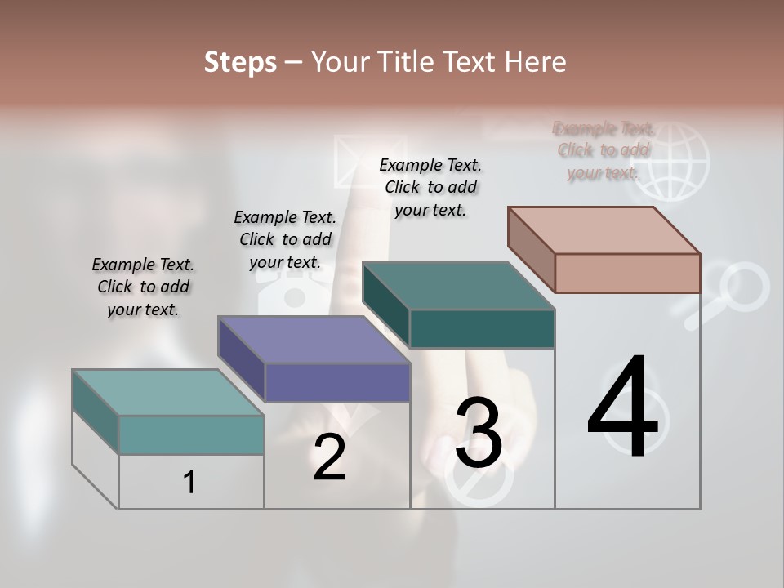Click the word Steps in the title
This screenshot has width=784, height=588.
(x=240, y=62)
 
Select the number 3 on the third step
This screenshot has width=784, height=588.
(x=479, y=433)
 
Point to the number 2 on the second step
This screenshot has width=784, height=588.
(x=329, y=457)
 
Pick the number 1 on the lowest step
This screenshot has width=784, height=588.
(x=189, y=482)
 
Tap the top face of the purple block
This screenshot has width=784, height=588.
(x=314, y=340)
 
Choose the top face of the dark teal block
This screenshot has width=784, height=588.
(x=459, y=286)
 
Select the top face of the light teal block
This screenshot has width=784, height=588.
(x=168, y=393)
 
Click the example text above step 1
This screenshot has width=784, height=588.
(x=143, y=287)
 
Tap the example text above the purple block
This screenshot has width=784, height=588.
(x=285, y=239)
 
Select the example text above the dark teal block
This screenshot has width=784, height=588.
(x=430, y=187)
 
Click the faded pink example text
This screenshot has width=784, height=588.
(x=604, y=150)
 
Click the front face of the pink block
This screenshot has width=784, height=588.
(x=627, y=273)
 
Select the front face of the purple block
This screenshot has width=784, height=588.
(x=337, y=382)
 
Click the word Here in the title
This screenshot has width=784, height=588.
(x=535, y=62)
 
